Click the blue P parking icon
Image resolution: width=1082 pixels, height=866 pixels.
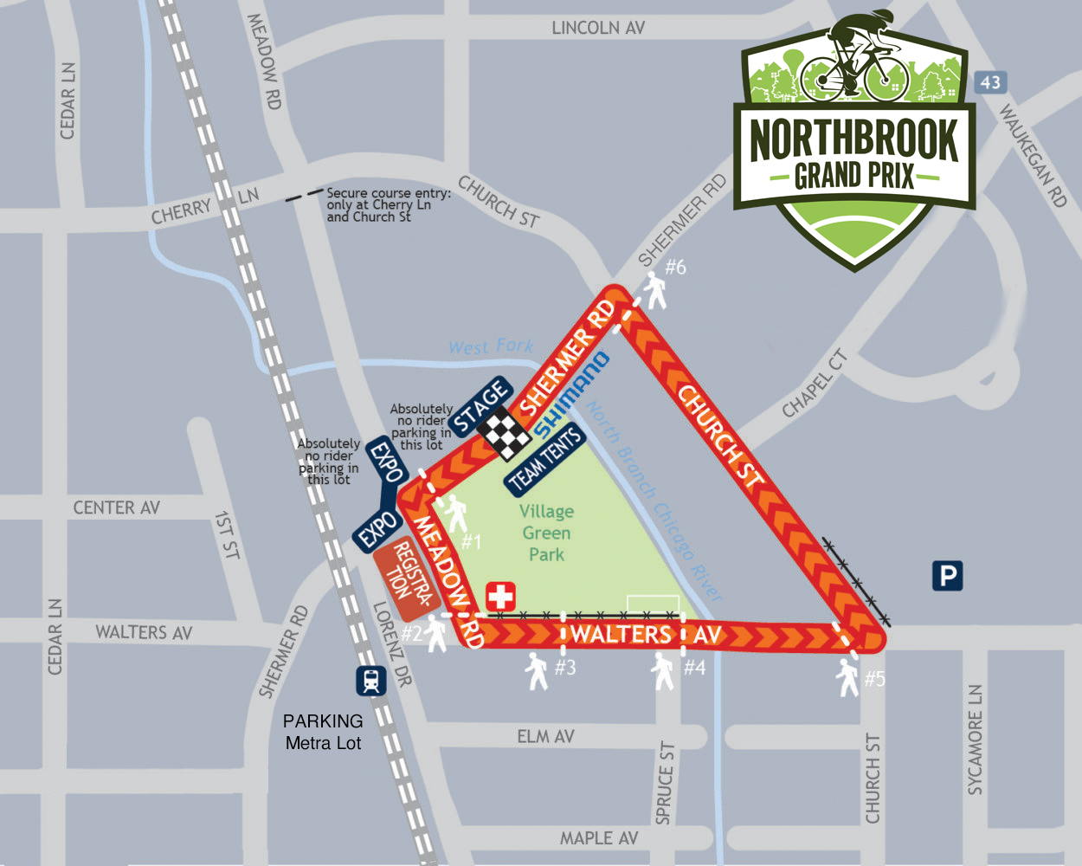pyautogui.click(x=948, y=576)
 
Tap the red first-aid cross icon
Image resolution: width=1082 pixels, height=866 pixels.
pyautogui.click(x=500, y=597)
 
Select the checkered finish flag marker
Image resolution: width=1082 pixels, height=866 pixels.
pyautogui.click(x=505, y=432)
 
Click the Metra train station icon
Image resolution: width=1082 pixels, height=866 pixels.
pyautogui.click(x=371, y=681)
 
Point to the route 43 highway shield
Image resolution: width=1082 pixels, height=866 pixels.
pyautogui.click(x=990, y=82)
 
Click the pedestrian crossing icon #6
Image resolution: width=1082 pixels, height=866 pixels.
pyautogui.click(x=655, y=291)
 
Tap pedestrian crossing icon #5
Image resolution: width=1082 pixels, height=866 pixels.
pyautogui.click(x=848, y=677)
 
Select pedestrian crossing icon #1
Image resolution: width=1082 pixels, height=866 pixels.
pyautogui.click(x=456, y=515)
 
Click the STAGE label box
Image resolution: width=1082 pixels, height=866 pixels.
pyautogui.click(x=480, y=406)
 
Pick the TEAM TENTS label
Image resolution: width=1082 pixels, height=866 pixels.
pyautogui.click(x=545, y=460)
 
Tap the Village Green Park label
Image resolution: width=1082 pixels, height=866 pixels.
pyautogui.click(x=546, y=533)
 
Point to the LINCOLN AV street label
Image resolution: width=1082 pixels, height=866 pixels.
pyautogui.click(x=598, y=28)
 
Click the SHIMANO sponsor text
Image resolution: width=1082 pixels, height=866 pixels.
pyautogui.click(x=571, y=395)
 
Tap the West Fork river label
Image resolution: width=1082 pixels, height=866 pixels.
pyautogui.click(x=491, y=346)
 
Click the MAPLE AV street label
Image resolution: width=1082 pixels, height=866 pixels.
pyautogui.click(x=598, y=837)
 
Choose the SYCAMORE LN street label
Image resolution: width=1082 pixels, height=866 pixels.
pyautogui.click(x=976, y=740)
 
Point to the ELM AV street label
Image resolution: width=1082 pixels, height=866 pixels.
pyautogui.click(x=545, y=736)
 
